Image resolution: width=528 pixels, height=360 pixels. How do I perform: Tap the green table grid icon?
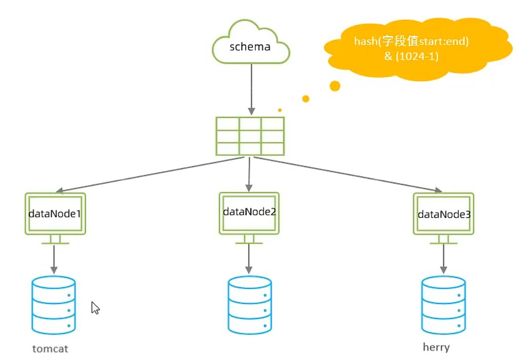tap(250, 136)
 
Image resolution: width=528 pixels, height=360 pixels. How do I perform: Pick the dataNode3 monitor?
tap(444, 214)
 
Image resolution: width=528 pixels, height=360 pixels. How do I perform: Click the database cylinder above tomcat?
tap(54, 305)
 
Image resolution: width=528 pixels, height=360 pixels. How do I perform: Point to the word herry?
tap(436, 347)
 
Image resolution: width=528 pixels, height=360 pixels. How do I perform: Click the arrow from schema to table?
tap(251, 90)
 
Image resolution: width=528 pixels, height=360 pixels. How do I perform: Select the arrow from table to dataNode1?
tap(149, 174)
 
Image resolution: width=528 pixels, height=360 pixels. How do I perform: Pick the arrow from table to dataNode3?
tap(349, 174)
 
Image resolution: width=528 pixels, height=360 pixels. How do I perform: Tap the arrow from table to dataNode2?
tap(249, 174)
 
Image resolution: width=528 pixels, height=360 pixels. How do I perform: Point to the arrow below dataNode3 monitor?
tap(444, 259)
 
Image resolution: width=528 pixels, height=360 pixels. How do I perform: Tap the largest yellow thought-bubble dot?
tap(335, 86)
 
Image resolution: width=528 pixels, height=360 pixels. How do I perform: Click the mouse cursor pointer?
tap(95, 307)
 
